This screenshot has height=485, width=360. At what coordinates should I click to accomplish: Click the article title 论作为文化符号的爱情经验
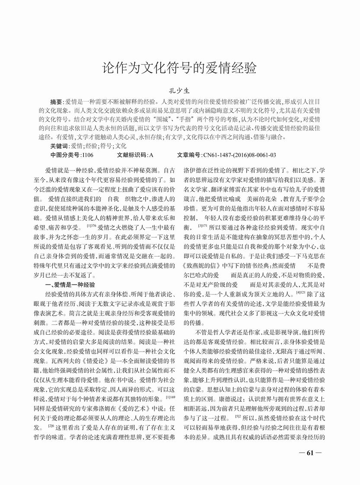click(179, 68)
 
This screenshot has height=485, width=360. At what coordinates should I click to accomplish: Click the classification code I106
click(87, 154)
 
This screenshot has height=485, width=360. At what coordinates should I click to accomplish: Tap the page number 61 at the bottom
click(309, 453)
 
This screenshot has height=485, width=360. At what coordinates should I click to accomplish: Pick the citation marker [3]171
click(202, 225)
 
